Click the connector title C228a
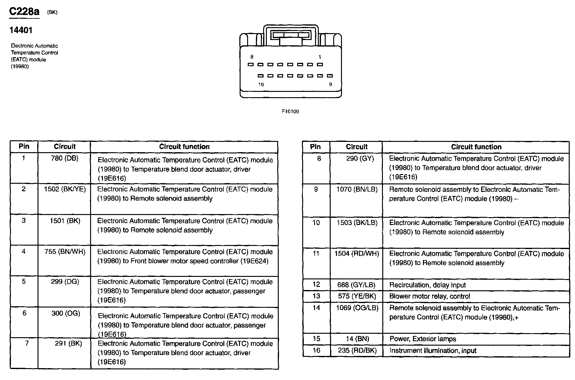24,12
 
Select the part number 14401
21,30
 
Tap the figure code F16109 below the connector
290,111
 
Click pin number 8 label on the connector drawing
252,57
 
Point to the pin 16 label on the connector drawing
261,84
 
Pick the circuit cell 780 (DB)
64,158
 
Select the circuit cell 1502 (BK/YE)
65,189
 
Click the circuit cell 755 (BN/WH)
65,252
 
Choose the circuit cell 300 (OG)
66,313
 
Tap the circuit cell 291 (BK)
68,343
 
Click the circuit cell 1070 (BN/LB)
357,189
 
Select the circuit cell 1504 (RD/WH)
357,253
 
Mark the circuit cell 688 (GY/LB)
356,285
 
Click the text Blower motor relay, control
430,296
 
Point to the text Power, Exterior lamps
423,339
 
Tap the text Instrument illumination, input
433,351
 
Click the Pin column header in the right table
315,147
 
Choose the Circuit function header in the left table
184,147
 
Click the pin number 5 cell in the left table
24,282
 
